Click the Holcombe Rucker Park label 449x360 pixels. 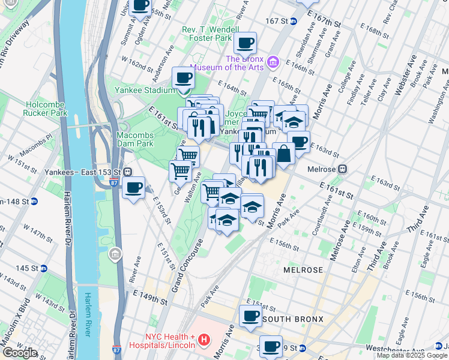tap(46, 108)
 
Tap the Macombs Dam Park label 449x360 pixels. tap(135, 139)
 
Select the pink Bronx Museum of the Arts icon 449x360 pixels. tap(273, 62)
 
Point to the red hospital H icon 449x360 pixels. tap(204, 340)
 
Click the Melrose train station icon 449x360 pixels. tap(343, 169)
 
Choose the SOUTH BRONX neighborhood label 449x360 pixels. tap(293, 319)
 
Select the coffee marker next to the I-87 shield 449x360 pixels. tap(133, 187)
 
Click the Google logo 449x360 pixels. tap(20, 353)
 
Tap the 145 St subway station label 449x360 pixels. tap(30, 268)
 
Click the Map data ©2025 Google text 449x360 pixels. tap(410, 355)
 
